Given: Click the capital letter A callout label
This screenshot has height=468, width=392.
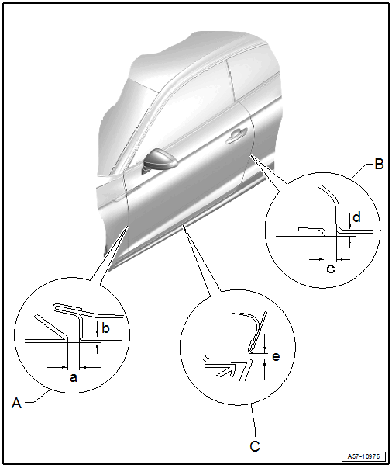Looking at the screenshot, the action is tap(17, 404).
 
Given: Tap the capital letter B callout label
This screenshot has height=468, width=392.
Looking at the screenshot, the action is tap(379, 165).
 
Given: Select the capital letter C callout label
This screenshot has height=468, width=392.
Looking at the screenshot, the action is tap(255, 446).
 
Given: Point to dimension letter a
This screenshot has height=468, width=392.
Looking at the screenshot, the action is tap(74, 377).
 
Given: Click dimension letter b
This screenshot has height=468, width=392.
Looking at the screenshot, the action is tap(105, 328).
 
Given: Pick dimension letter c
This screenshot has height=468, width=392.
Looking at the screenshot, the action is tap(331, 269).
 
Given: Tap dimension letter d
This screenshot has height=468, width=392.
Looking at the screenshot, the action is tap(356, 217).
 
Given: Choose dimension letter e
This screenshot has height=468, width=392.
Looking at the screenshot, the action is tap(276, 356).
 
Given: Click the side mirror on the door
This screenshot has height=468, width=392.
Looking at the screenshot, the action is tap(160, 161).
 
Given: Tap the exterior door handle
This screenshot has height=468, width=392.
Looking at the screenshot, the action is tap(236, 135).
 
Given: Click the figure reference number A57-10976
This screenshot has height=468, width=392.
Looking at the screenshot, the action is tap(363, 456).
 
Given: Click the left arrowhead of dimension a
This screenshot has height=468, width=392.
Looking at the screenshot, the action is tap(65, 367).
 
